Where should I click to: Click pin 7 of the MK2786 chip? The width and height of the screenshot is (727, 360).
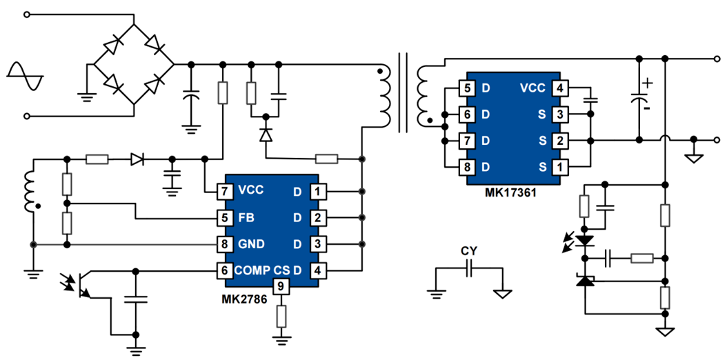224,191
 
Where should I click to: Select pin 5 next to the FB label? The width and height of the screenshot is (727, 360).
224,218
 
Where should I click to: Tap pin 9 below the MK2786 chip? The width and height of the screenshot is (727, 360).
280,286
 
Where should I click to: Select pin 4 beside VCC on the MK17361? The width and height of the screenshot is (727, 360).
561,88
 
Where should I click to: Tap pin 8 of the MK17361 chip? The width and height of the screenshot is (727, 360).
467,166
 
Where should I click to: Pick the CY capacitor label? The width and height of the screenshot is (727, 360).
468,251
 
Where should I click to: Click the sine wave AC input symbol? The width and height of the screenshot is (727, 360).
26,75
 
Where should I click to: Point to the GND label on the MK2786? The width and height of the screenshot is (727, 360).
252,244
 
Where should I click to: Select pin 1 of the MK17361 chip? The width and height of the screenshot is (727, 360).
561,166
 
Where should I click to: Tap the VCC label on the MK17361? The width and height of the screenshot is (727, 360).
532,88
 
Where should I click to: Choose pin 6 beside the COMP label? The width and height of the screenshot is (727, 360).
224,270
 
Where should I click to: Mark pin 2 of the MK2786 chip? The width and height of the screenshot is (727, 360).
317,218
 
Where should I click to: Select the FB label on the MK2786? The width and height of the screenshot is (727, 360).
246,218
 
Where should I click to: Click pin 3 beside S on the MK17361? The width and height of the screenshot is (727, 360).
561,114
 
